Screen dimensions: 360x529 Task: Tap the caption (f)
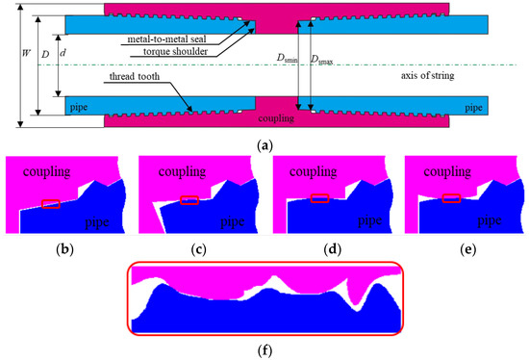[x=264, y=352]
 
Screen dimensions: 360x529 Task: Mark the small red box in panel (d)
[x=319, y=198]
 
